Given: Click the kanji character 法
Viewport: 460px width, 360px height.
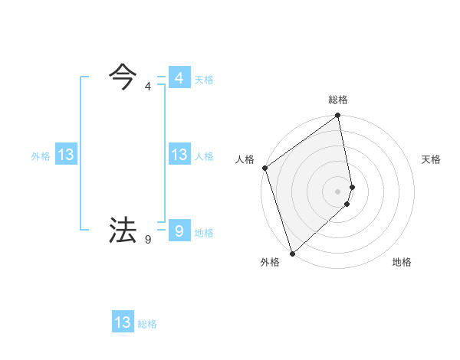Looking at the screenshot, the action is point(123,230).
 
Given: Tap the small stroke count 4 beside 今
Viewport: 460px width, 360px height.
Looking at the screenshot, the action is point(147,87).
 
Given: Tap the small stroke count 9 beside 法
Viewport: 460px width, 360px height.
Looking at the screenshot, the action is point(147,240).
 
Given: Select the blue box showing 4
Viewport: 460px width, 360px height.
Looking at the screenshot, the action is point(179,78).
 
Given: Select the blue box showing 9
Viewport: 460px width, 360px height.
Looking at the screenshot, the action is point(179,231).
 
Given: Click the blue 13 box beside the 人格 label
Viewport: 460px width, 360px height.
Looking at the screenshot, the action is point(179,155).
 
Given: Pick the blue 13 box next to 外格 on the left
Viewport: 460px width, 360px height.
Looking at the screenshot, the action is point(66,155).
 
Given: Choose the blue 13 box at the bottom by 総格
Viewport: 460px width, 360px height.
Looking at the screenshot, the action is point(123,322).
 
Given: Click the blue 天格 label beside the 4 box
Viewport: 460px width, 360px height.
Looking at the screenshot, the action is point(204,80).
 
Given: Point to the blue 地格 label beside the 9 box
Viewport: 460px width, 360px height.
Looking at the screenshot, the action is point(204,233).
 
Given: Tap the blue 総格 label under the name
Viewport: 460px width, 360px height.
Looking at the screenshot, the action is point(147,324).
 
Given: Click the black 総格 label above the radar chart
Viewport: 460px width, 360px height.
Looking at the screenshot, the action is point(338,100).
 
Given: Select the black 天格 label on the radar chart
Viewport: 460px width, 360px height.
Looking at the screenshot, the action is point(431,159).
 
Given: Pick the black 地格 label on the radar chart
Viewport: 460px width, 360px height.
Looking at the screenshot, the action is point(402,262).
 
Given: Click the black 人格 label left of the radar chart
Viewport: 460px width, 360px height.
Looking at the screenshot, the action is point(245,159).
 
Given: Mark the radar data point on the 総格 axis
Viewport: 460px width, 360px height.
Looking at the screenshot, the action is point(338,116).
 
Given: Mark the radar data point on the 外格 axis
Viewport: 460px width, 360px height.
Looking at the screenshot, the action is point(292,253).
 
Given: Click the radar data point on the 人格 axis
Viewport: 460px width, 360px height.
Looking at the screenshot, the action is point(264,168).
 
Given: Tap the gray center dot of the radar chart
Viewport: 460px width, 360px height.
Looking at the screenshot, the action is point(338,191).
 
